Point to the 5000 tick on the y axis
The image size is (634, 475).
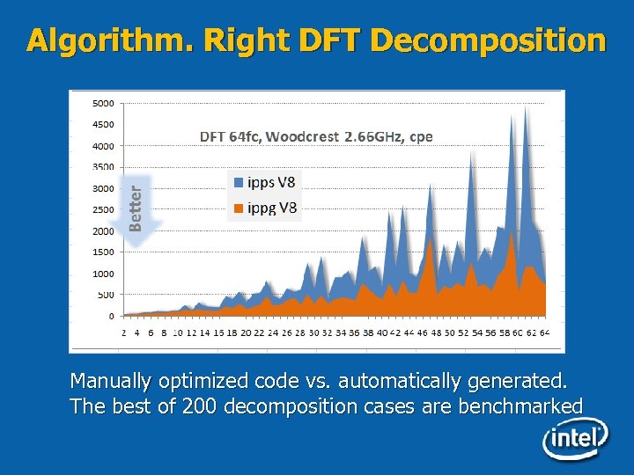tap(103, 103)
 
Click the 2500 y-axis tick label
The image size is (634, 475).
tap(103, 209)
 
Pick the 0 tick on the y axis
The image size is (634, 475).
tap(110, 316)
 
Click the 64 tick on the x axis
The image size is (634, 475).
tap(545, 333)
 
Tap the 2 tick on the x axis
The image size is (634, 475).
tap(124, 333)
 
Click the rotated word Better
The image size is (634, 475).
tap(135, 203)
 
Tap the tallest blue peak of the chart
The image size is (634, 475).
tap(526, 110)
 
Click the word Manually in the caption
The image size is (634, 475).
tap(111, 382)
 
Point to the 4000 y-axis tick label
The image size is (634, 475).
tap(103, 146)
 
